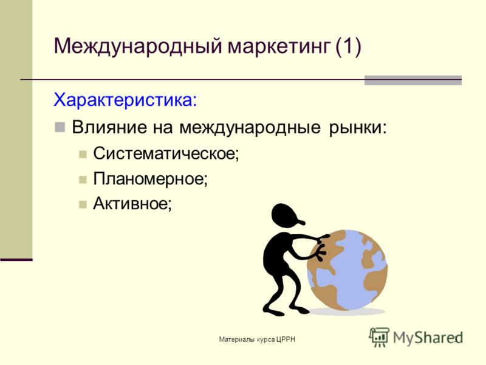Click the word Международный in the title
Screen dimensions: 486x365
138,47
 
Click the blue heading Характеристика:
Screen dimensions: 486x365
125,100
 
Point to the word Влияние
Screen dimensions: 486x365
109,127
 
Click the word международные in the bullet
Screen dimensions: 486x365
250,128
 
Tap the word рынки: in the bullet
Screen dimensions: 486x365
358,128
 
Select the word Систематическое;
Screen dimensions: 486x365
166,153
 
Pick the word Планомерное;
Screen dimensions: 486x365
150,178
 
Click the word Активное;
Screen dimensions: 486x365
132,204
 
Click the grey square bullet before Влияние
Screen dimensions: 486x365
60,127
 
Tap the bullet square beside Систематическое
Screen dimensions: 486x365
83,155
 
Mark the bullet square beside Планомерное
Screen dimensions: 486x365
83,179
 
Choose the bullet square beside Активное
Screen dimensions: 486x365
83,204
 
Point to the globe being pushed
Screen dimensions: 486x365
347,270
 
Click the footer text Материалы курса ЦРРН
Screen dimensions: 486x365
257,339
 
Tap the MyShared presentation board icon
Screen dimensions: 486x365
378,337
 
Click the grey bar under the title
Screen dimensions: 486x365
413,80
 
